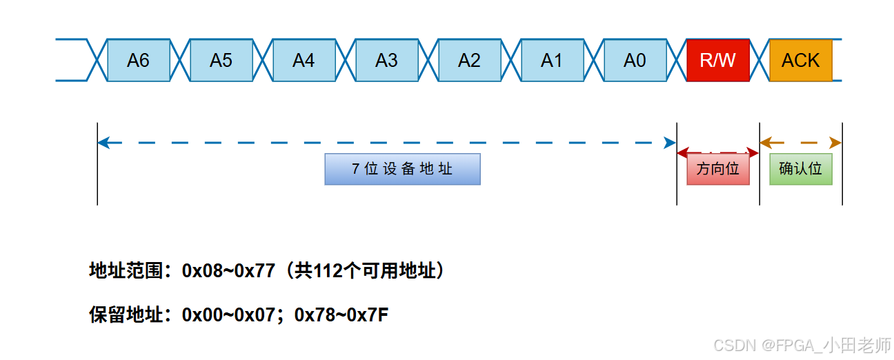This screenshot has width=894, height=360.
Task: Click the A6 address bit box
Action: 138,61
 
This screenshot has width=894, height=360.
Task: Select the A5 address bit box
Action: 221,61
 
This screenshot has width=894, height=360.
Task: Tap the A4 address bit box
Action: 304,61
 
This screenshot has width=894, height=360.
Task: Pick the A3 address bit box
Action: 386,61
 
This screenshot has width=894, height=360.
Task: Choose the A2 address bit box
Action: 469,61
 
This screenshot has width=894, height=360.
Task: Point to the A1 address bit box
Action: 552,61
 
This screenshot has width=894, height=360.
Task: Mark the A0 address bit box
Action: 635,61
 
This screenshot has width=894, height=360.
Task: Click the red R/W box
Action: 717,61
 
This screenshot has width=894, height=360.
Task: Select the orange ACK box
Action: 800,61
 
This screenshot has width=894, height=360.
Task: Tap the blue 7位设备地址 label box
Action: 402,169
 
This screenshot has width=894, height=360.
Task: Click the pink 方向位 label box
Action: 717,169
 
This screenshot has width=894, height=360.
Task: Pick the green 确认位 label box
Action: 800,169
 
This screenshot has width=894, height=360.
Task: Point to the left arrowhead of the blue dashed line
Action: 103,143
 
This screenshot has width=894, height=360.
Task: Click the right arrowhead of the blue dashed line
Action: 670,143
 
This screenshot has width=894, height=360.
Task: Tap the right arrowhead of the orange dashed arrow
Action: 837,143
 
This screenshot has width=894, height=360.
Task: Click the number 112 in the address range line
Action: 328,271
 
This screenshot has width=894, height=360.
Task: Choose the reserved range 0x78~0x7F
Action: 341,315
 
